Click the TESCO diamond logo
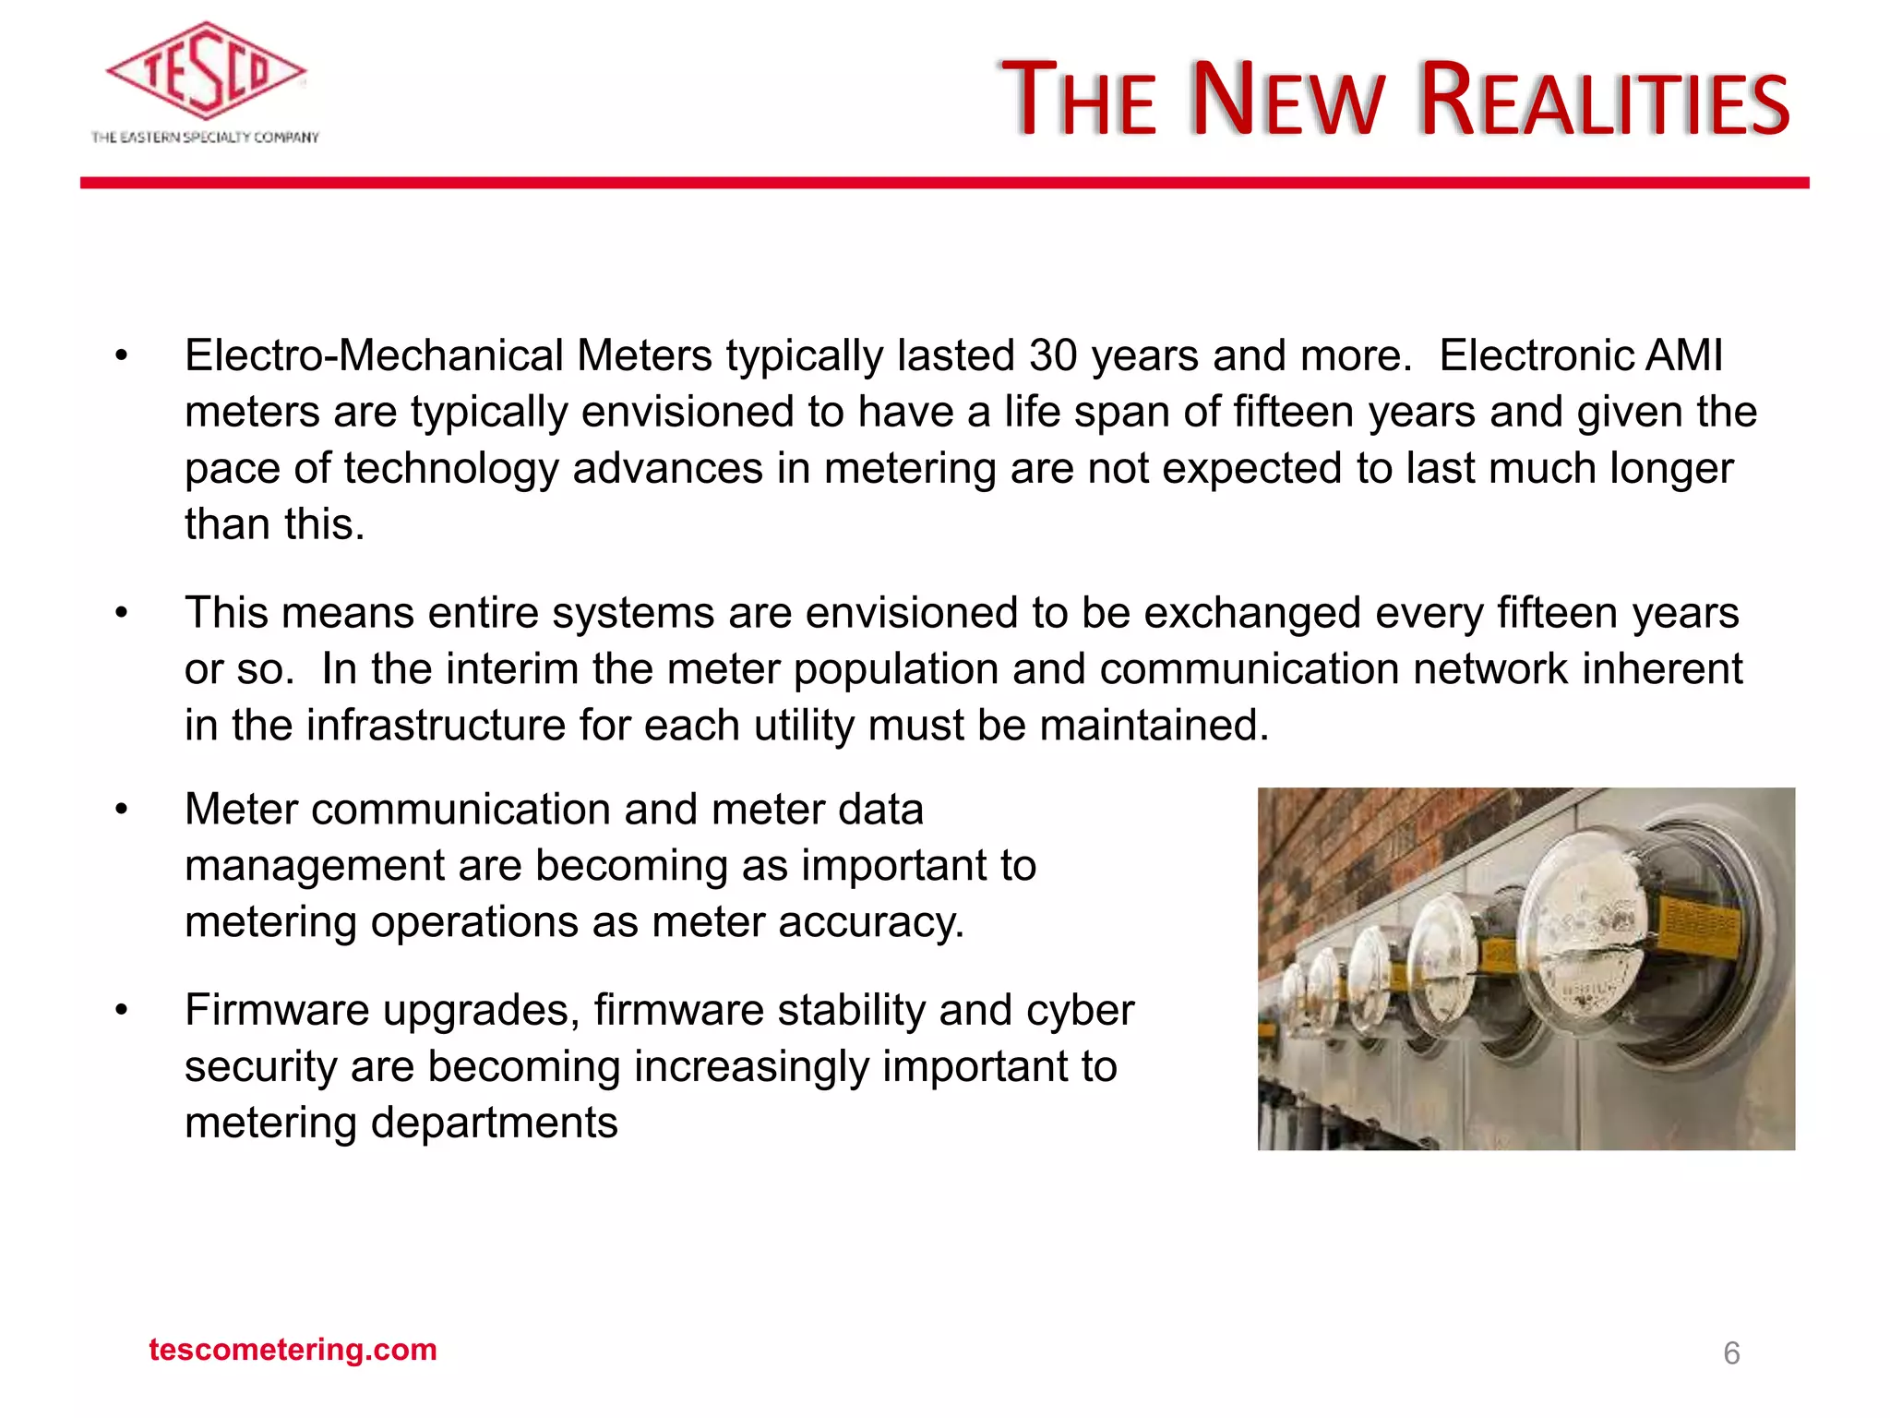(x=206, y=72)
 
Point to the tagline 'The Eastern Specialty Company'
(x=205, y=138)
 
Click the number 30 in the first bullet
(x=1053, y=356)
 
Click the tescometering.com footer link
(x=293, y=1350)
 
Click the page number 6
(x=1731, y=1353)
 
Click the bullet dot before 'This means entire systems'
(x=121, y=613)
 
